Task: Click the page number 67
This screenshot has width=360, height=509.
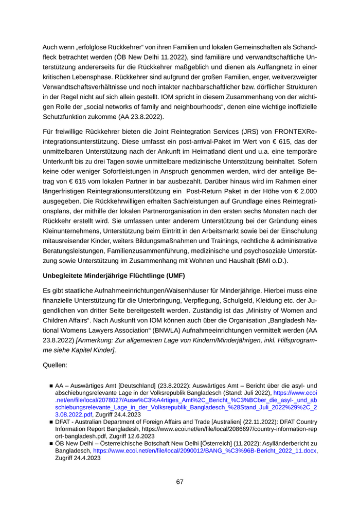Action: [x=179, y=482]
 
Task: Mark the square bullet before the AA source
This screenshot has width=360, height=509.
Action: [x=51, y=385]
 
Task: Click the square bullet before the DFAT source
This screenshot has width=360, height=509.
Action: [x=51, y=421]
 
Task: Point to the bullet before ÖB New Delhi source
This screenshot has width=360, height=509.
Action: [x=51, y=443]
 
